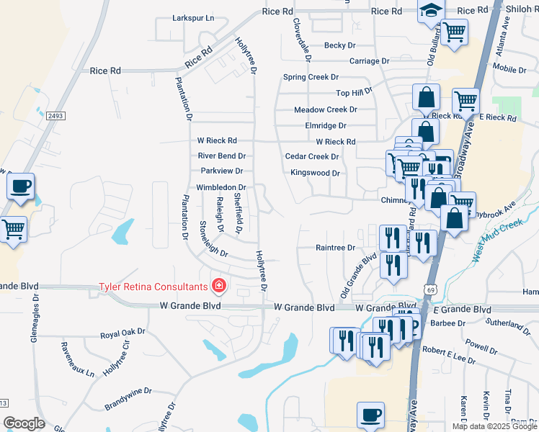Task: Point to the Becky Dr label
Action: (x=340, y=45)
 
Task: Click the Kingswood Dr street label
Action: (x=315, y=173)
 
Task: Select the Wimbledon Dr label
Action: (x=221, y=187)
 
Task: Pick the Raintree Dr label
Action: (x=336, y=248)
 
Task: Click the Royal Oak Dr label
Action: (x=122, y=335)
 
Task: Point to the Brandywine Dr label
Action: (x=128, y=392)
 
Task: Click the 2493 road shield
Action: (x=55, y=116)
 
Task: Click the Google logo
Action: (x=24, y=423)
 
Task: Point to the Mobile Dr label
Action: (x=509, y=69)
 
